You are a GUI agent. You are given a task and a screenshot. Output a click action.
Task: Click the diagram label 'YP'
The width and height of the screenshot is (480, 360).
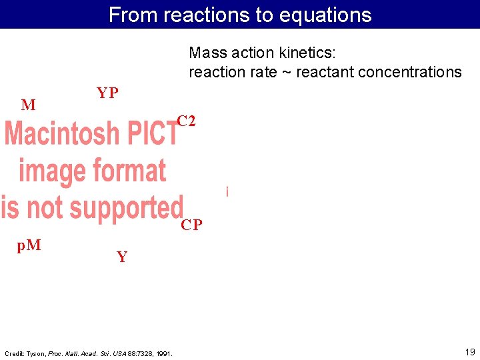pyautogui.click(x=107, y=93)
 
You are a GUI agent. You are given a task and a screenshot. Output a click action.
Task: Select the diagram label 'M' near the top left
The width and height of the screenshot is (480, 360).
pyautogui.click(x=29, y=105)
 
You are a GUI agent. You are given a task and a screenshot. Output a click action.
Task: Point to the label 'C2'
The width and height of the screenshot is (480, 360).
pyautogui.click(x=186, y=121)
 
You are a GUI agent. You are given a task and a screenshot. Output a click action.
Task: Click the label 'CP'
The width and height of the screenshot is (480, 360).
pyautogui.click(x=192, y=225)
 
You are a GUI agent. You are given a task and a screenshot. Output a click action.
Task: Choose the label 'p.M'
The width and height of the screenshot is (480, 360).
pyautogui.click(x=29, y=245)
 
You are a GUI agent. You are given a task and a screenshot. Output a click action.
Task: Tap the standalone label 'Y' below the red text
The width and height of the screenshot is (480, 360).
pyautogui.click(x=122, y=257)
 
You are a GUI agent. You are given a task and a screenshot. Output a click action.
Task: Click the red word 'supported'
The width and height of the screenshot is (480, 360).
pyautogui.click(x=126, y=207)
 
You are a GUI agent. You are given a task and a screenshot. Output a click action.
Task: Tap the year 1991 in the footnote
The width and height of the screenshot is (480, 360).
pyautogui.click(x=164, y=353)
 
